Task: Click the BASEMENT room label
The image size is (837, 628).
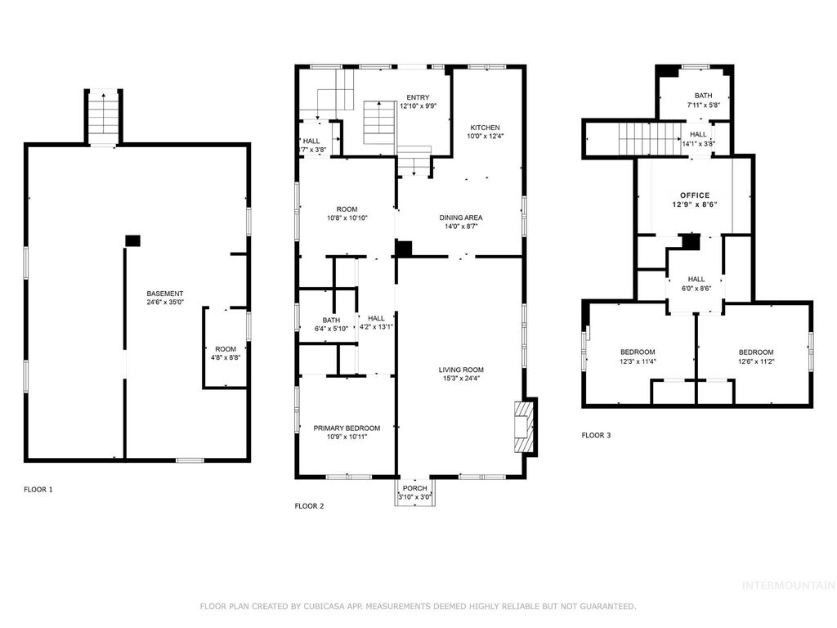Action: [164, 294]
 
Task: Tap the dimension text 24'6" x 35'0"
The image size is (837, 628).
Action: [164, 302]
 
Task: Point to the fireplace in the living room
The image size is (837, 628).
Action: [523, 426]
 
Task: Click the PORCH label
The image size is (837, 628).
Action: [414, 488]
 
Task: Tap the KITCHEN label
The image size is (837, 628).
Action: [484, 128]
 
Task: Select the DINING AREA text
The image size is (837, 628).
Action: [461, 218]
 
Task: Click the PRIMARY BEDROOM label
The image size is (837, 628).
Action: [347, 428]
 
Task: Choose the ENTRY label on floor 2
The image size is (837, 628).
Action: [418, 97]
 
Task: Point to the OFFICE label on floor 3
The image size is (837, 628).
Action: [695, 195]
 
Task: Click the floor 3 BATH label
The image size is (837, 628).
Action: [703, 96]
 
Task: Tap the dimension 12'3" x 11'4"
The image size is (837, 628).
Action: [638, 361]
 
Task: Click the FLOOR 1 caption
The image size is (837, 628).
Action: [38, 489]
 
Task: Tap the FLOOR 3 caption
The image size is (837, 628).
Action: [596, 436]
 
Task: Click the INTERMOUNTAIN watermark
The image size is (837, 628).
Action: [787, 585]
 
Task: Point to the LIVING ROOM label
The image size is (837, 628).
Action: [461, 370]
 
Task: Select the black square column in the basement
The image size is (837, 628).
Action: [132, 240]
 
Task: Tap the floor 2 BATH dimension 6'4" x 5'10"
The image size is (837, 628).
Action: [330, 329]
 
